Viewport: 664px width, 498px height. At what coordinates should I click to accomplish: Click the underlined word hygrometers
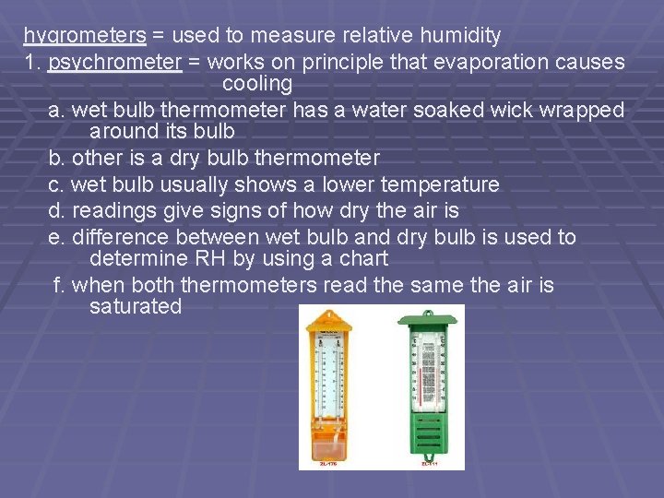[85, 36]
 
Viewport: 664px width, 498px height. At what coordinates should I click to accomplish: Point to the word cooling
[257, 84]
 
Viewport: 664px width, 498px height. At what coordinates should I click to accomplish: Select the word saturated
[136, 307]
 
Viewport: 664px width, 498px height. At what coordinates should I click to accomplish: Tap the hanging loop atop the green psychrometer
[429, 313]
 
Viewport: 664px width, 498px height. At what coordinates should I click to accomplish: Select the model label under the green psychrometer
[429, 464]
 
